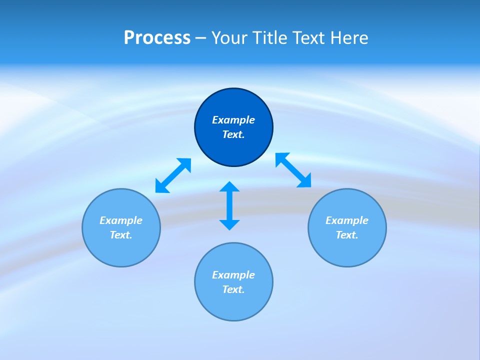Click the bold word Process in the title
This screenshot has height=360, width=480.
tap(157, 38)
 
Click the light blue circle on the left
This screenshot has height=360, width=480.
tap(121, 250)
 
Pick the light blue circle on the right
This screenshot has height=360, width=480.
tap(347, 250)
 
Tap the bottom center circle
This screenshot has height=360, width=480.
tap(233, 305)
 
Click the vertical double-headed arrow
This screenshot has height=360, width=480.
tap(229, 205)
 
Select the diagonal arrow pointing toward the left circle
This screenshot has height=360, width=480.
tap(173, 175)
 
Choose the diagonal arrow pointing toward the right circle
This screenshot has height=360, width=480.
tap(293, 170)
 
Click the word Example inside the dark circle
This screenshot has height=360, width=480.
tap(233, 120)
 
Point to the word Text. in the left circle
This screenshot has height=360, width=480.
tap(121, 235)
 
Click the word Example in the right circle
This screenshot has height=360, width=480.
tap(347, 220)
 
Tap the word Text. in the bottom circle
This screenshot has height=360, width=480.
tap(233, 289)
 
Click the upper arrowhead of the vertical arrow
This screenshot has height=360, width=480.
tap(229, 187)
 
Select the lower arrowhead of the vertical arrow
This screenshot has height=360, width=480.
tap(229, 224)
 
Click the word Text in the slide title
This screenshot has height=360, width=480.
tap(311, 38)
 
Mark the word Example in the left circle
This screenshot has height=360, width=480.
tap(121, 220)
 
